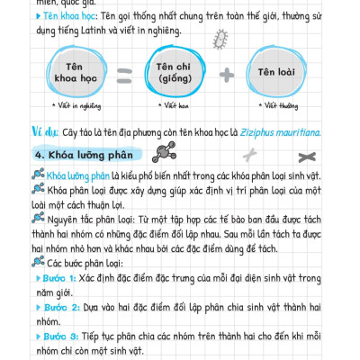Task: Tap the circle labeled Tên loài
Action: [x=279, y=71]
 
